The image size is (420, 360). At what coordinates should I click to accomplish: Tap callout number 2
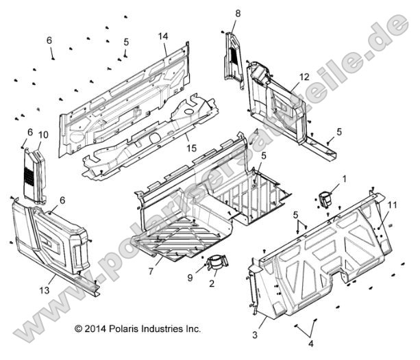coord(212,282)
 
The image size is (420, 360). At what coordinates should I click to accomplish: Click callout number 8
coord(238,13)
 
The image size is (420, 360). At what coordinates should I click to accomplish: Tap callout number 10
coord(42,134)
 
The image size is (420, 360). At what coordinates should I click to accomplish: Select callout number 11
coord(393,205)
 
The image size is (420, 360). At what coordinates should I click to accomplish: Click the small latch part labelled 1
coord(326,197)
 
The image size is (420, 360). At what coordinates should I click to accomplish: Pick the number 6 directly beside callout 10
coord(30,132)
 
